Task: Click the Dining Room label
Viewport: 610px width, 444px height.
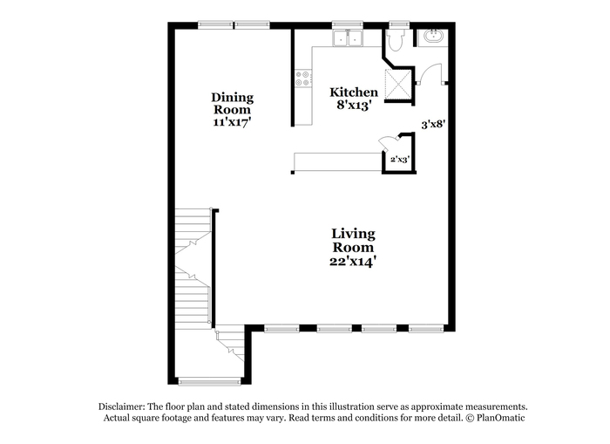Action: point(233,103)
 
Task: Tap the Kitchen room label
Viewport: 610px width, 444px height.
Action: point(354,92)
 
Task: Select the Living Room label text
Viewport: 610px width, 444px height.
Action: point(353,240)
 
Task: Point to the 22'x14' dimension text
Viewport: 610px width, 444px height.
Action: point(352,261)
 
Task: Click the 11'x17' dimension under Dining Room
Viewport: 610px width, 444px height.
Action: point(232,121)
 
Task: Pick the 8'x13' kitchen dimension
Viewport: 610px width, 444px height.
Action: point(353,106)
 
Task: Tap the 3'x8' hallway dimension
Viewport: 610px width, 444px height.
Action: point(433,125)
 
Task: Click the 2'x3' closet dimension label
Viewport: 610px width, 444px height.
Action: point(400,160)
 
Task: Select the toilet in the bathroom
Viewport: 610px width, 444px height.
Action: point(396,40)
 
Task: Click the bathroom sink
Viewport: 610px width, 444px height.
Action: point(432,37)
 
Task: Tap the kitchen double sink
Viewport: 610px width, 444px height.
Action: point(348,38)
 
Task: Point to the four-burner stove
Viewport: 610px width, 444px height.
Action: point(302,78)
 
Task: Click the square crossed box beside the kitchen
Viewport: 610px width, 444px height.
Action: point(398,84)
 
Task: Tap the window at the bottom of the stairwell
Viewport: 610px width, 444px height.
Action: point(209,382)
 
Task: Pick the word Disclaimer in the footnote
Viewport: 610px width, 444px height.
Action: point(122,406)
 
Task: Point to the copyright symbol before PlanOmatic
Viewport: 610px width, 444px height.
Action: point(470,418)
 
